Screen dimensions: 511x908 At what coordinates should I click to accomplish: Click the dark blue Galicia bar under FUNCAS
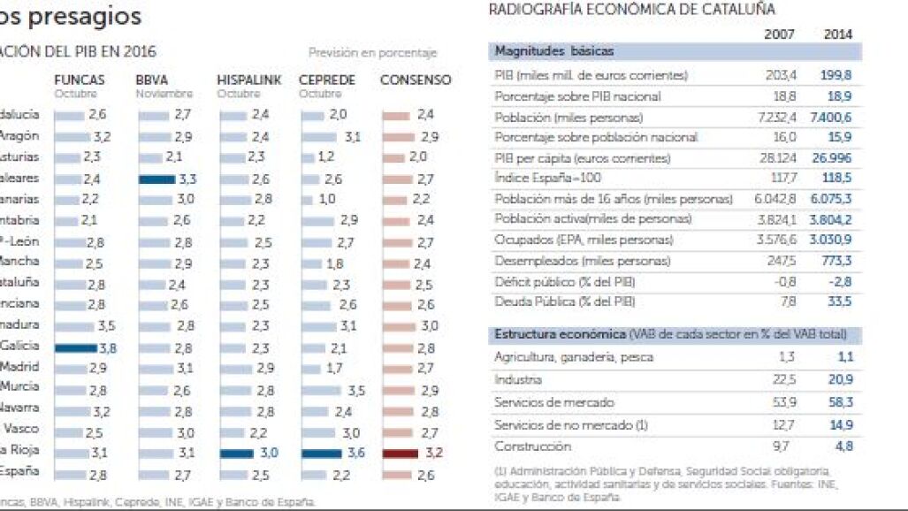(75, 348)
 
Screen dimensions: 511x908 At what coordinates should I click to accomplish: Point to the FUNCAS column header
(79, 80)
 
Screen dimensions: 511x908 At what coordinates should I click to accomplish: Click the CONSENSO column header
(415, 80)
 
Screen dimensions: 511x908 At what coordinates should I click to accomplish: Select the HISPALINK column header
(249, 80)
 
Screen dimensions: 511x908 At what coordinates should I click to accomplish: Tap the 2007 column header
(778, 34)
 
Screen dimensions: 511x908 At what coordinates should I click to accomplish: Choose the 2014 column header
(837, 34)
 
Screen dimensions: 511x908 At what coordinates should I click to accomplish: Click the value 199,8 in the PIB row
(837, 76)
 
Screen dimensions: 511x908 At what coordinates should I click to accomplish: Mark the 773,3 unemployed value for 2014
(837, 262)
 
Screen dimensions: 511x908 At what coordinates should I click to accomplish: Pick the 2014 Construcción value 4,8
(843, 447)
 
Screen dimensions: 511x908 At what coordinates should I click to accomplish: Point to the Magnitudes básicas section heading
(553, 51)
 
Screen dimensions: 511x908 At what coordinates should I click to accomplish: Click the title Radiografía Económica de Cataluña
(631, 10)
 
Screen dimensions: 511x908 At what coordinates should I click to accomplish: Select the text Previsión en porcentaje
(372, 53)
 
